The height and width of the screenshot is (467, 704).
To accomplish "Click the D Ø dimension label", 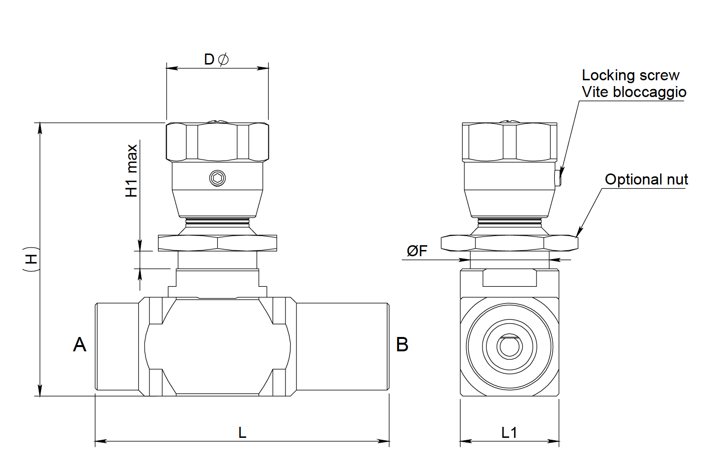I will [216, 59].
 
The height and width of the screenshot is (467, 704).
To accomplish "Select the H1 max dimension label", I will [132, 171].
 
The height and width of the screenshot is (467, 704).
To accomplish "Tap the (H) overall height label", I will [31, 259].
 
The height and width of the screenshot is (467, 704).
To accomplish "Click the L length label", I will [242, 433].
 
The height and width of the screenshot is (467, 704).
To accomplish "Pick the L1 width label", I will [509, 433].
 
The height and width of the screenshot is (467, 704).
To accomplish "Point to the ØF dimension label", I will [417, 250].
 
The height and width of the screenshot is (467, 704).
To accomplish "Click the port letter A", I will [80, 345].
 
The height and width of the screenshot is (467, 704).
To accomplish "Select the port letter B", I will [402, 345].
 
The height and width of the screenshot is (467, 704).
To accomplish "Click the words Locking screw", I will [630, 76].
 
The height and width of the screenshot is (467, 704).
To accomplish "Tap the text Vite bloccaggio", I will [634, 92].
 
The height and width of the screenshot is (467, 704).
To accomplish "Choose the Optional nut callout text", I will [646, 180].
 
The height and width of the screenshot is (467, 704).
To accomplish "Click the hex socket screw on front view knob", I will [218, 178].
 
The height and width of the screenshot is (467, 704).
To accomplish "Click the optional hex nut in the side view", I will [509, 243].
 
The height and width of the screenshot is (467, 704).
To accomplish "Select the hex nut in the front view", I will [218, 243].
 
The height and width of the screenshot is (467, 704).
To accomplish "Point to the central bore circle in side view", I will [509, 347].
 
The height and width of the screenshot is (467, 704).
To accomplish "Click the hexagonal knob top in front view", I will [218, 142].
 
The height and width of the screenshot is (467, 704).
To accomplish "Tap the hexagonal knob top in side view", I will [509, 142].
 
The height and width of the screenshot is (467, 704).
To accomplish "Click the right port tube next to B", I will [342, 347].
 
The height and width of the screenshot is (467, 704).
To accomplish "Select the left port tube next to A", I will [117, 347].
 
